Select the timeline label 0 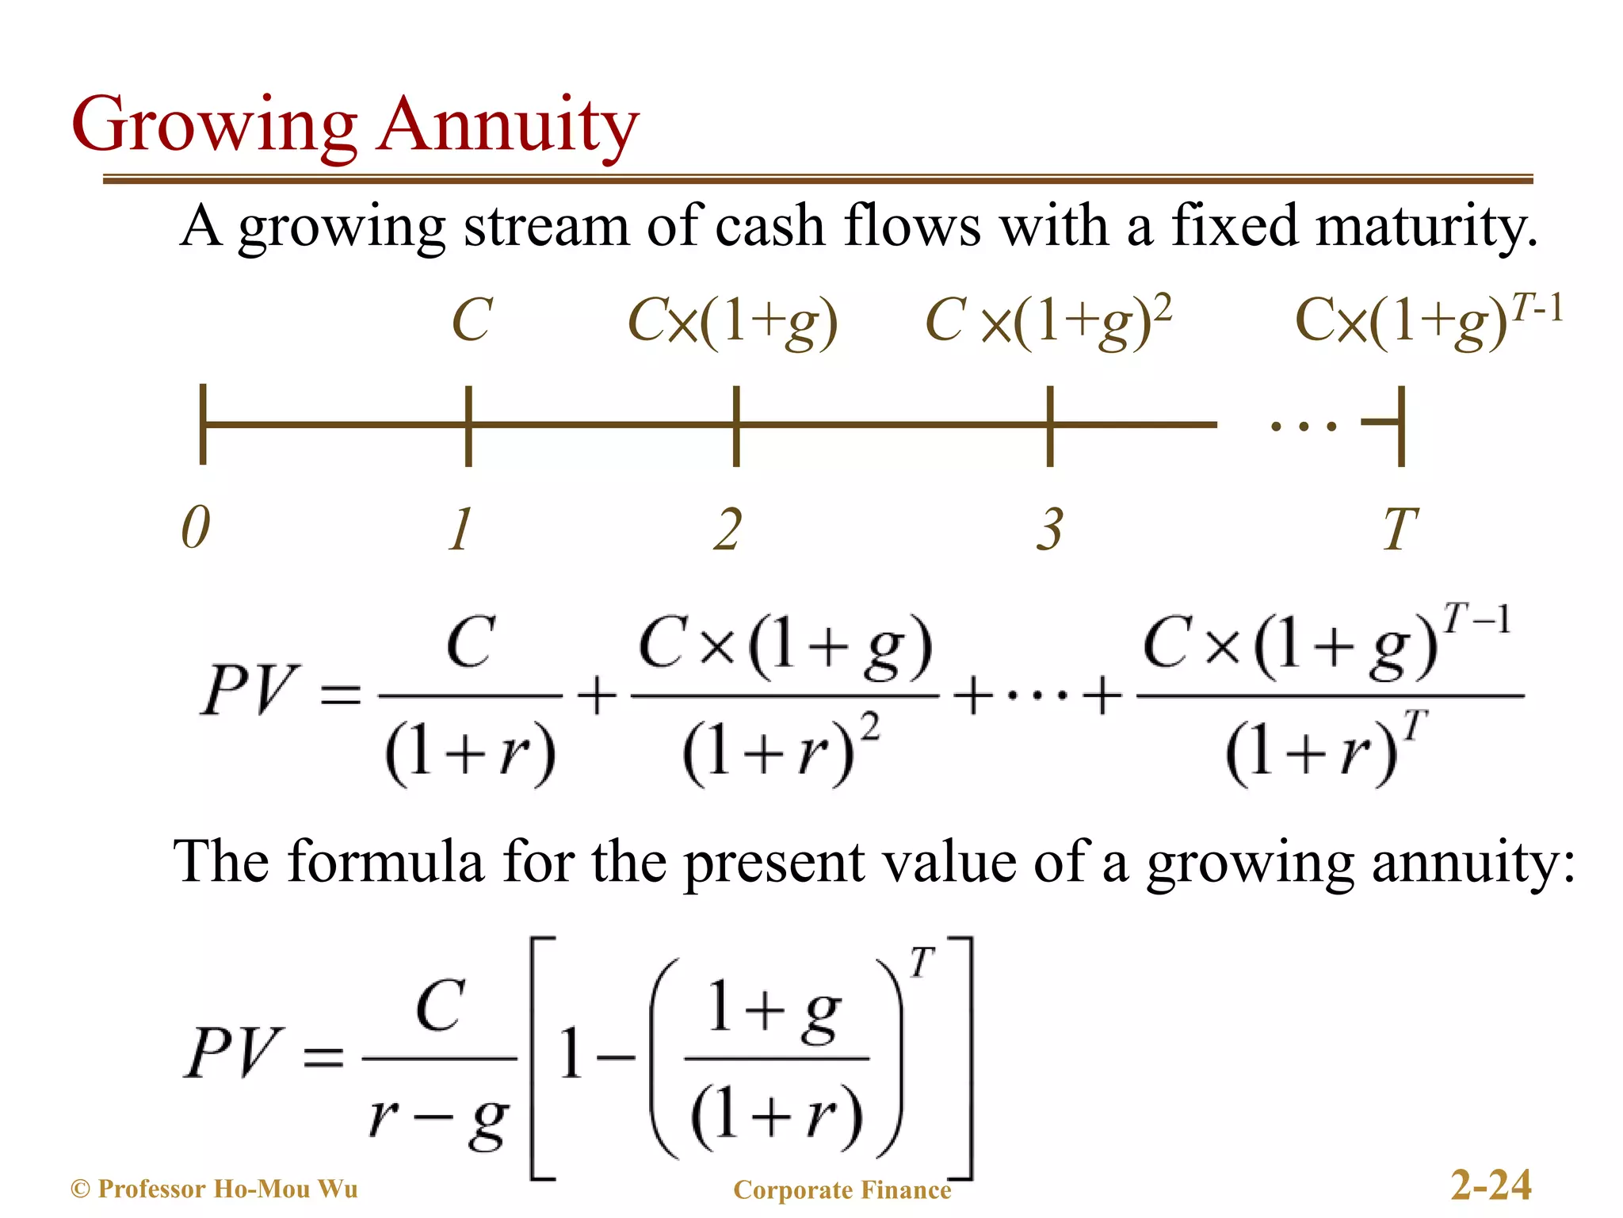[x=196, y=527]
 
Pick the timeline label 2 [x=727, y=529]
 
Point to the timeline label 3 [x=1050, y=529]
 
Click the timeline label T [x=1400, y=529]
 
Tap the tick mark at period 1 [x=468, y=426]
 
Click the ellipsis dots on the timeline [x=1304, y=427]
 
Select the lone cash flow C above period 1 [x=472, y=320]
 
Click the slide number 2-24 [x=1491, y=1185]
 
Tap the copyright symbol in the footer [x=80, y=1189]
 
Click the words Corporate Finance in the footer [x=842, y=1189]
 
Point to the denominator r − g [x=438, y=1118]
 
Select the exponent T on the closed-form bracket [x=921, y=963]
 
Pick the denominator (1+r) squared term [x=781, y=749]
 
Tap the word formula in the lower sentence [x=385, y=862]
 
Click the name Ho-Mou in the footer [x=262, y=1189]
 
